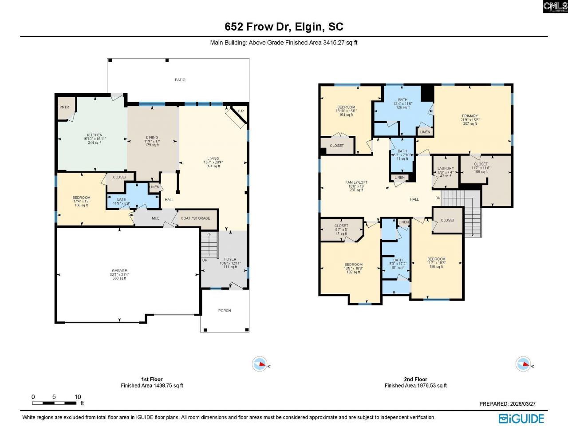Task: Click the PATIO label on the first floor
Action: coord(180,80)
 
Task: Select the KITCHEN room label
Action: coord(95,135)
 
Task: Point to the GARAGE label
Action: coord(119,271)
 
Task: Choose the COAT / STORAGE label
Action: coord(196,218)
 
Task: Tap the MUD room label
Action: coord(156,218)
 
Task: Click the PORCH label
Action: coord(225,311)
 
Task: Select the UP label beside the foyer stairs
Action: coord(205,260)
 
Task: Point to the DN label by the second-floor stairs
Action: coord(438,198)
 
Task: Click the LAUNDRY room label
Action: coord(446,169)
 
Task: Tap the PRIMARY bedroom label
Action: coord(469,116)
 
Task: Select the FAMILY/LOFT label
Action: coord(356,182)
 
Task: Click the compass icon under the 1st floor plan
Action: coord(259,364)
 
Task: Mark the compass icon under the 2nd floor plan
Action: coord(523,364)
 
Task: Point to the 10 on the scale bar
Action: coord(78,397)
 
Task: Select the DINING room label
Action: coord(152,138)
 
